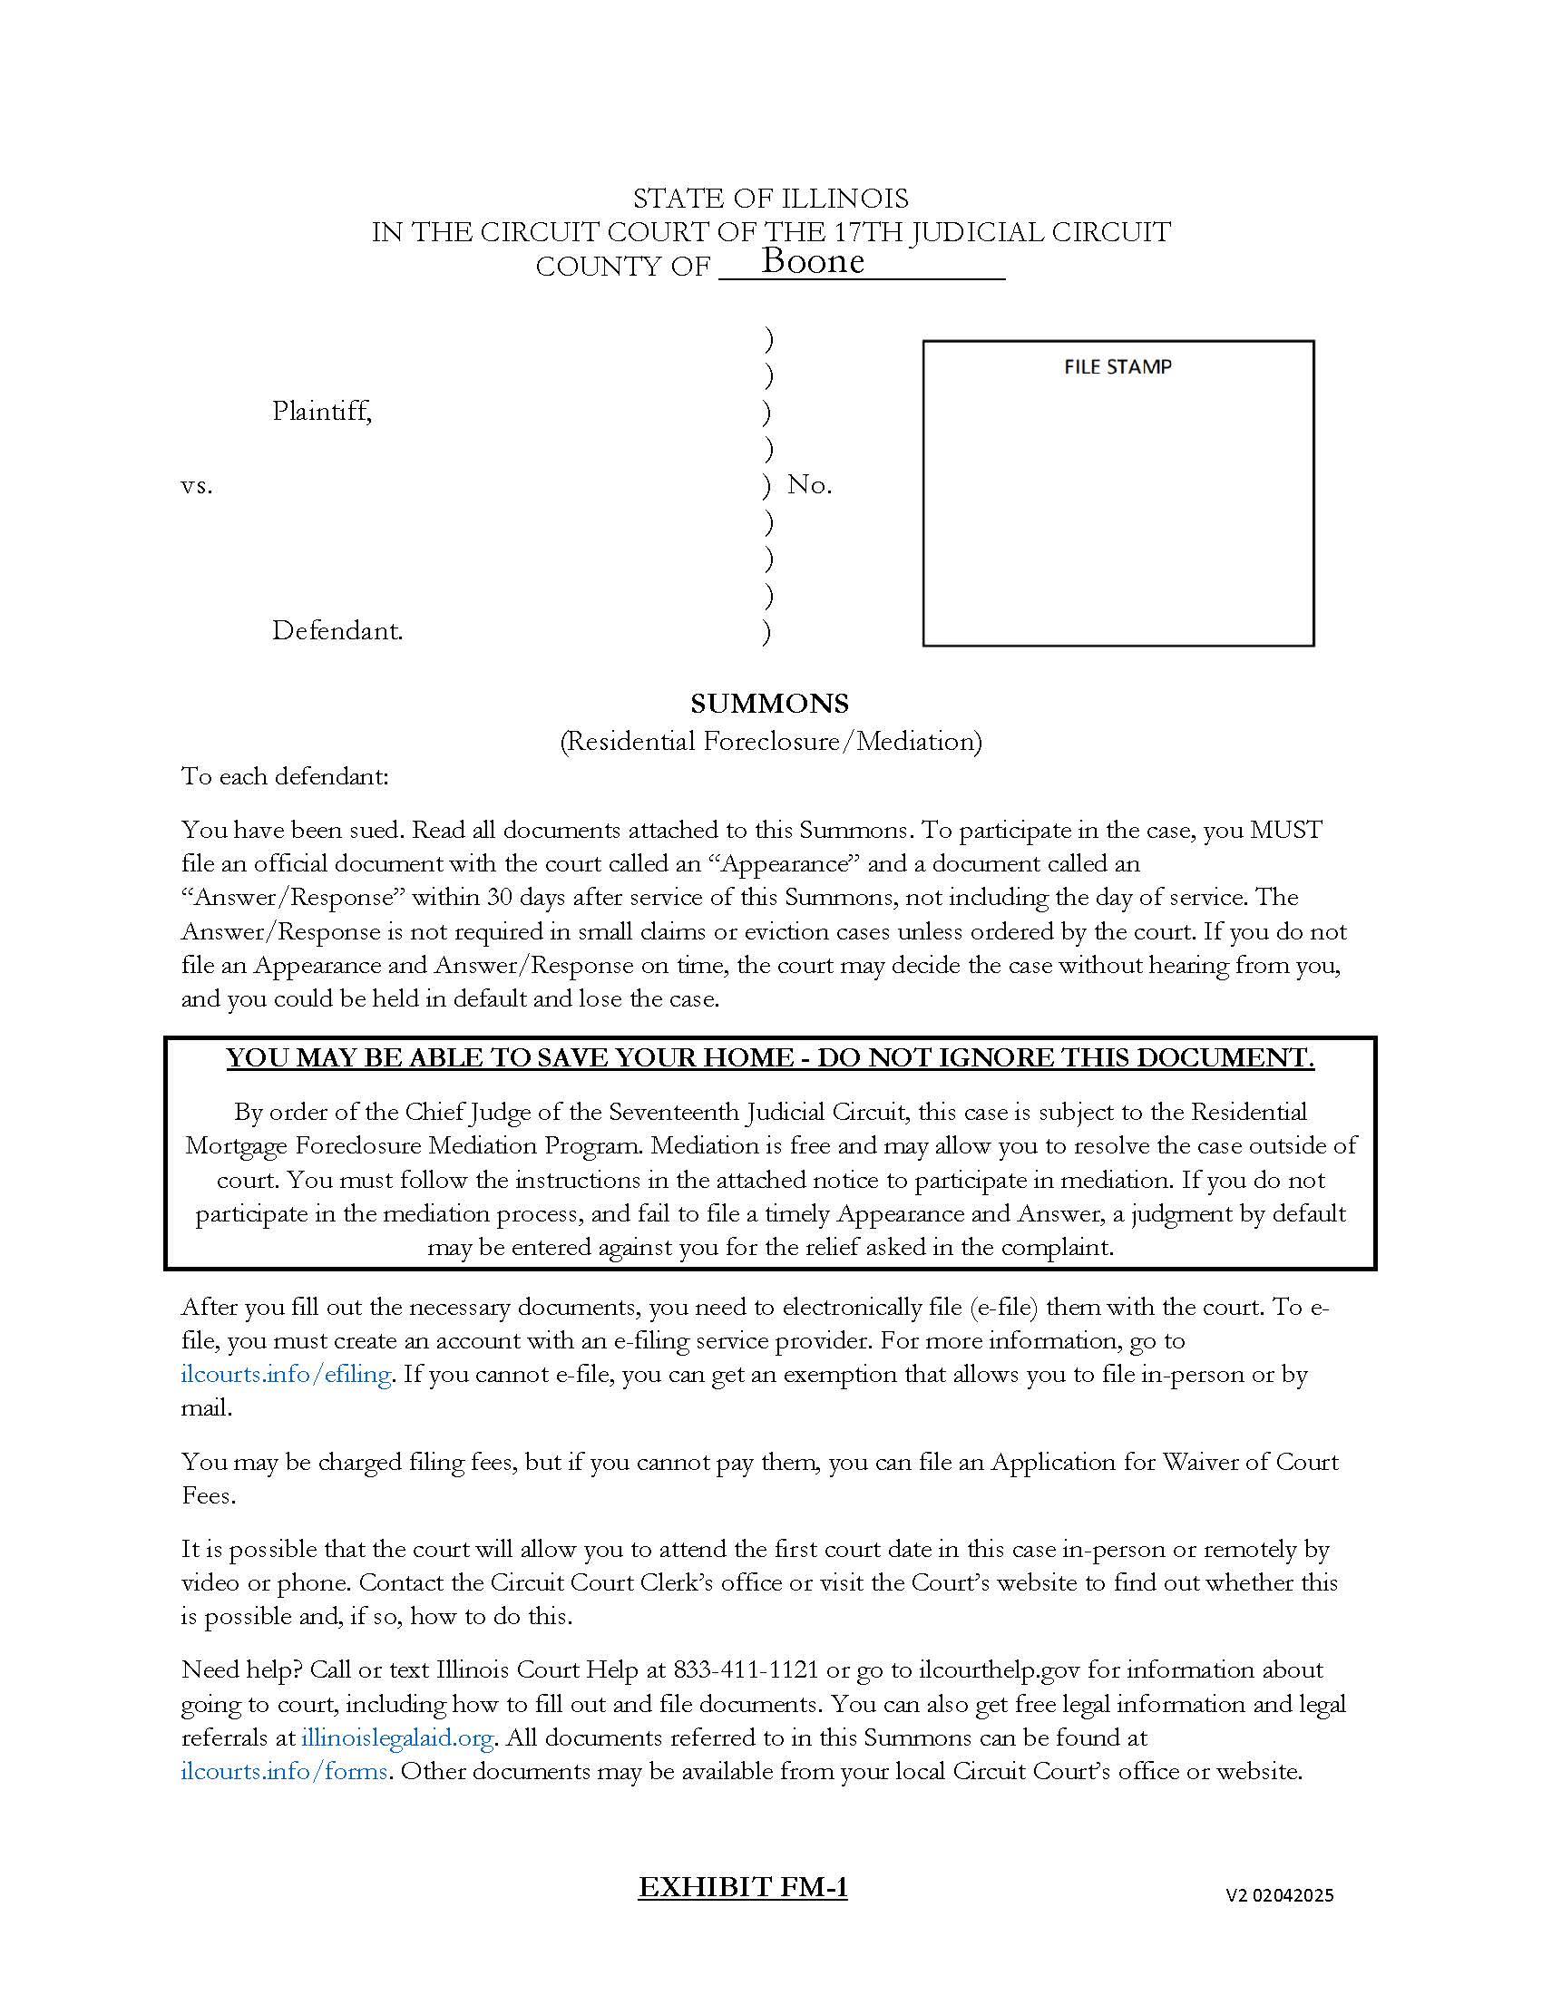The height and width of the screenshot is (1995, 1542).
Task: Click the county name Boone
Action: pos(812,261)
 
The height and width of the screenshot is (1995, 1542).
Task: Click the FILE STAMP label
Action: pos(1117,367)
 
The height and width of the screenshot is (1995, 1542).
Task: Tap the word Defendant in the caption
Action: pos(337,631)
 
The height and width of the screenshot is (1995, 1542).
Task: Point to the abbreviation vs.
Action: pos(197,486)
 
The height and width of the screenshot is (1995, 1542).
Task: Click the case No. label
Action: pos(809,485)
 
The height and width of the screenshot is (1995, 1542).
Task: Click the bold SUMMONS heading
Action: pos(769,704)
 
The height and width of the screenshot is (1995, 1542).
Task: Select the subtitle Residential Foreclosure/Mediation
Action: pos(770,741)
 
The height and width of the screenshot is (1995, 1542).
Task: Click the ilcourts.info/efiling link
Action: pos(286,1374)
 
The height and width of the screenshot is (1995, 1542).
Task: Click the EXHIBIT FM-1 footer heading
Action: pos(743,1887)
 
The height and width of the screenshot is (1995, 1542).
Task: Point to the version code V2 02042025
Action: pos(1279,1895)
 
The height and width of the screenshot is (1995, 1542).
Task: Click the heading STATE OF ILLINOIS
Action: pos(770,199)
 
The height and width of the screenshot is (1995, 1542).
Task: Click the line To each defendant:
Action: pos(285,776)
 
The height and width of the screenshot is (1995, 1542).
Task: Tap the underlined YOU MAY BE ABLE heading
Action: pos(770,1057)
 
